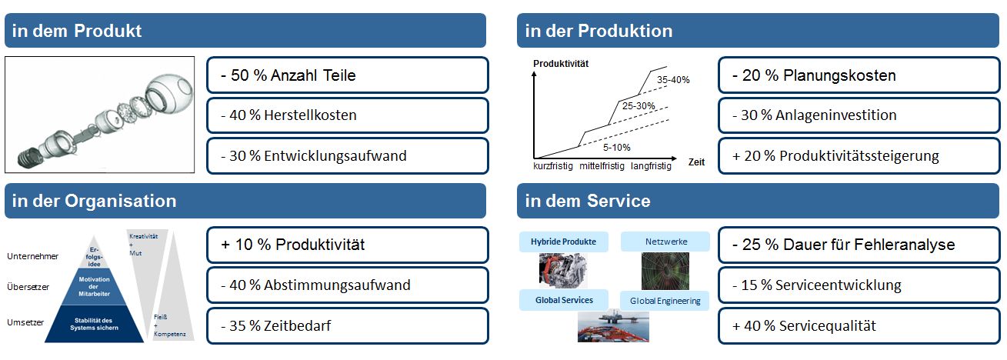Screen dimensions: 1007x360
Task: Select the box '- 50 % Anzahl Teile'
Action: [348, 75]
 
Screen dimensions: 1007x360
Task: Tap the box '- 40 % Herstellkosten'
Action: [348, 115]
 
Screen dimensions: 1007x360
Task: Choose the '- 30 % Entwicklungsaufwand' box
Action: [348, 155]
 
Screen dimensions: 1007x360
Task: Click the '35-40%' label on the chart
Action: [673, 80]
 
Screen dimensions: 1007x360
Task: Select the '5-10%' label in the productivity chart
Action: [616, 148]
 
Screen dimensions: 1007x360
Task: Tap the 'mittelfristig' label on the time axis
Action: [602, 166]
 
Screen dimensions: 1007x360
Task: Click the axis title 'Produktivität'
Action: [561, 64]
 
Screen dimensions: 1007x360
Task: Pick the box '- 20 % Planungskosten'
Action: [859, 75]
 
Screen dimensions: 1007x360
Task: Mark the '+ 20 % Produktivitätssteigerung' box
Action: [859, 155]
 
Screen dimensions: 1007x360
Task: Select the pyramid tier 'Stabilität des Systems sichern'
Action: [94, 324]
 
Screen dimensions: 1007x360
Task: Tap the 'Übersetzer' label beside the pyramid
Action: [28, 287]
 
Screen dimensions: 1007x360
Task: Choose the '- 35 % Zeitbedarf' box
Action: [348, 326]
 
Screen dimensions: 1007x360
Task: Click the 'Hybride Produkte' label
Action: [563, 242]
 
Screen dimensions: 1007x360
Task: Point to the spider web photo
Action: [665, 271]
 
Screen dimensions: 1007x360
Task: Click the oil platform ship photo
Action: [613, 326]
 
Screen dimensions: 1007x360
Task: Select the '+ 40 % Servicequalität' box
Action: [859, 326]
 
